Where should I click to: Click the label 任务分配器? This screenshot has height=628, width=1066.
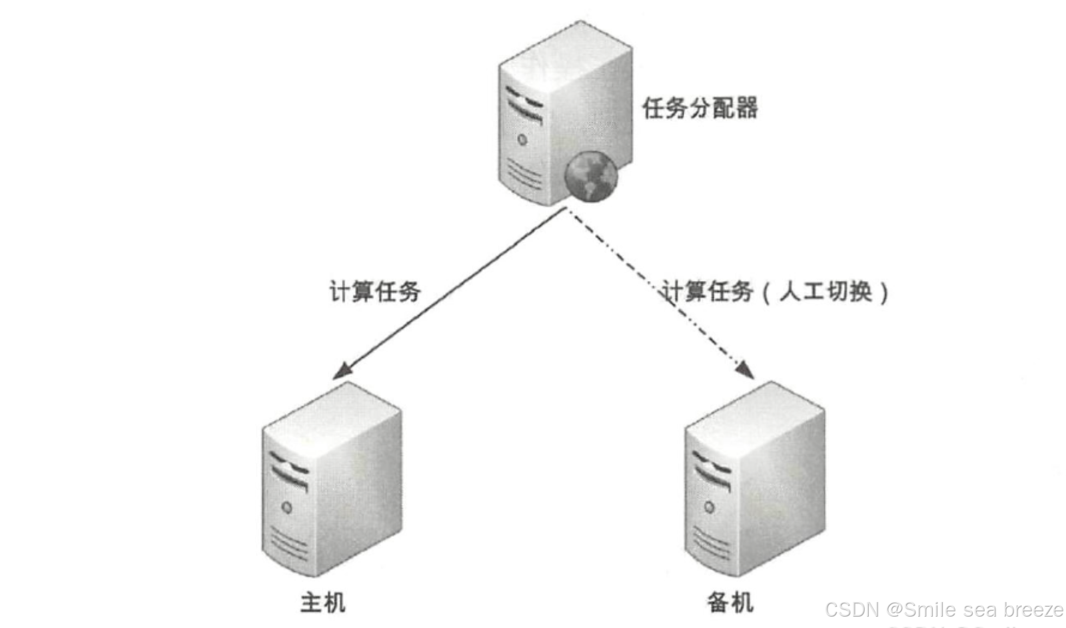tap(700, 108)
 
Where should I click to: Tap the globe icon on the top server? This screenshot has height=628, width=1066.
tap(590, 176)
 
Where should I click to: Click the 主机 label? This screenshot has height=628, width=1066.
tap(322, 603)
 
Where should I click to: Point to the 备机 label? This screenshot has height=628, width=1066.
tap(730, 603)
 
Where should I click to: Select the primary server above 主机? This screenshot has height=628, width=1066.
tap(331, 479)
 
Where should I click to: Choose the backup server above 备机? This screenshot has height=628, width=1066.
tap(755, 479)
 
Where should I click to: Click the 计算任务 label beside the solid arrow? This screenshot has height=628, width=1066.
tap(375, 292)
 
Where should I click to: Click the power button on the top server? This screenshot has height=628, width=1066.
tap(522, 140)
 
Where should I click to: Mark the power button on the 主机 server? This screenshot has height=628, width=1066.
tap(287, 508)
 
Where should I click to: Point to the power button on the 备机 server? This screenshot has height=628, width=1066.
tap(710, 507)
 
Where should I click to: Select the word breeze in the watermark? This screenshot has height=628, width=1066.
tap(1033, 609)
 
